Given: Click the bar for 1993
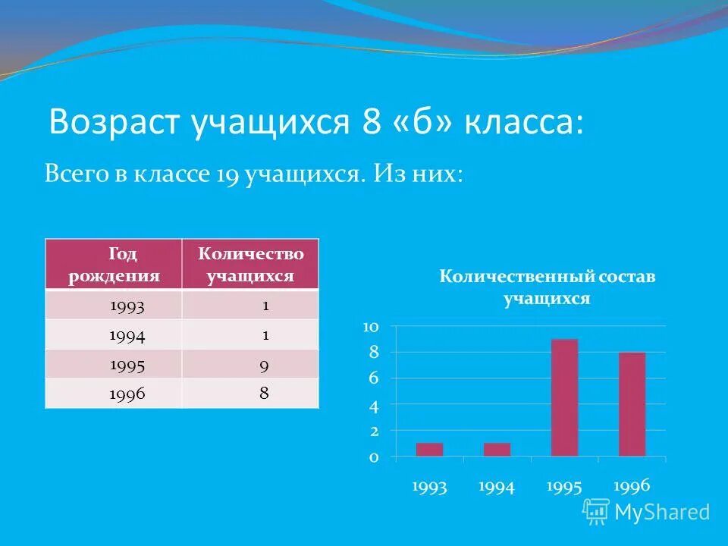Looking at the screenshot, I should (429, 449).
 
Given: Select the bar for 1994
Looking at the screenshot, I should (497, 449).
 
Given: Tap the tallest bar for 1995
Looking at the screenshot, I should (564, 397).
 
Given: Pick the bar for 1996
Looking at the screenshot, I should (632, 404).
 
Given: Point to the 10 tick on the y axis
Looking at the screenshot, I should (371, 327).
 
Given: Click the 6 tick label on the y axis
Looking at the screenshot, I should (373, 378).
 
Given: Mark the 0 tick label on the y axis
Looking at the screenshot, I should (373, 457).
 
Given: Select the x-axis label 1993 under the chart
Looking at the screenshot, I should (429, 487).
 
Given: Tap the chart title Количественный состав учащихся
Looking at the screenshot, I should (547, 287).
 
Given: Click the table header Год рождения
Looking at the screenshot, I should (114, 264).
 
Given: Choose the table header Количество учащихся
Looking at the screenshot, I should (250, 264).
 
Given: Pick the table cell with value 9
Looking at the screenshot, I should (264, 365).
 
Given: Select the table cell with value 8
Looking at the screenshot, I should (264, 394).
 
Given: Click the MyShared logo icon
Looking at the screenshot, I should (595, 512).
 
